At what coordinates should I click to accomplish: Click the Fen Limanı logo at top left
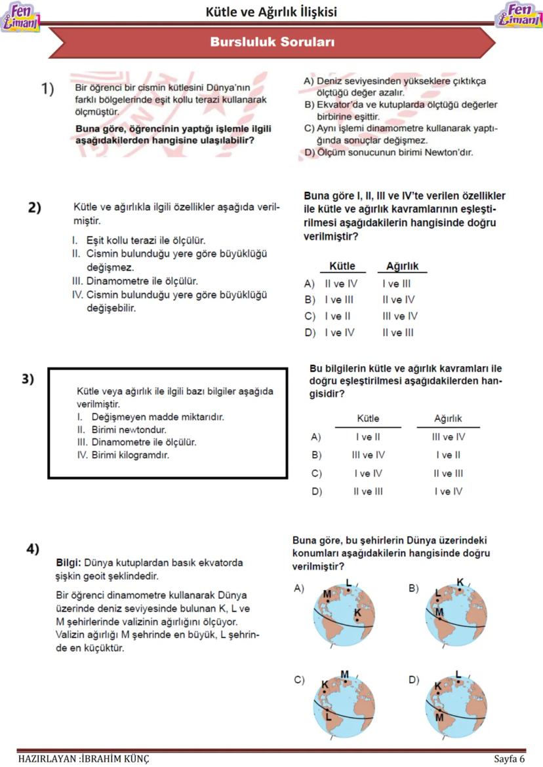[x=20, y=18]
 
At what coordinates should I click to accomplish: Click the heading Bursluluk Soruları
[x=272, y=43]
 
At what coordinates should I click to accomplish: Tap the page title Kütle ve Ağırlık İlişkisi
[x=271, y=12]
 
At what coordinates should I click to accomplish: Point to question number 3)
[x=28, y=379]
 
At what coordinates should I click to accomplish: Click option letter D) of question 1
[x=310, y=153]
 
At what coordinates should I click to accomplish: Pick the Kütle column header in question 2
[x=342, y=267]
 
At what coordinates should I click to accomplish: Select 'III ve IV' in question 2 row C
[x=399, y=316]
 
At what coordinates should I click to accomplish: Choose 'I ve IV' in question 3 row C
[x=368, y=473]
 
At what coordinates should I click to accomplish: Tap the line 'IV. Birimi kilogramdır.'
[x=123, y=455]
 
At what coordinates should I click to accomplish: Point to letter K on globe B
[x=460, y=582]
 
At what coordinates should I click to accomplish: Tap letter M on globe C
[x=344, y=675]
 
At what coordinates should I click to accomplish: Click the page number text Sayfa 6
[x=510, y=759]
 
